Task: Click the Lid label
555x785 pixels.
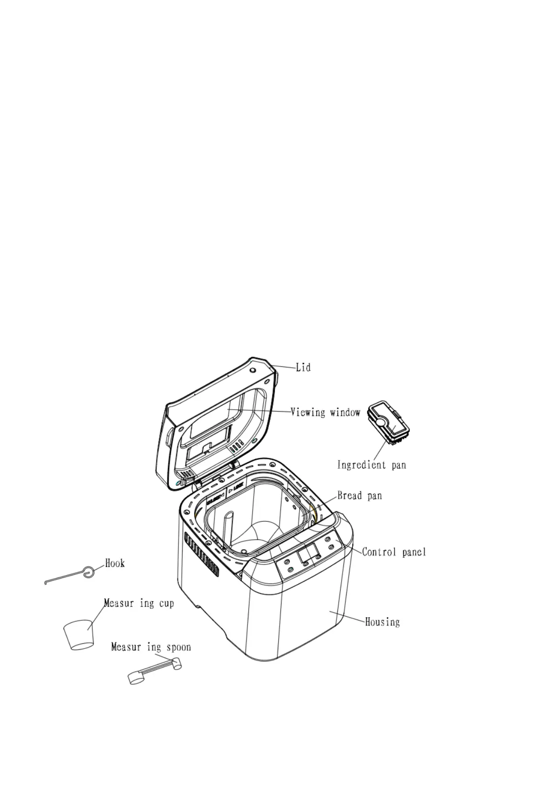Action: pyautogui.click(x=303, y=367)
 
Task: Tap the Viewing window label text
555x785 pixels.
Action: pyautogui.click(x=325, y=412)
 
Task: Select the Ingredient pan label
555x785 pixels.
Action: pyautogui.click(x=371, y=465)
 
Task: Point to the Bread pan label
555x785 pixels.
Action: pyautogui.click(x=359, y=495)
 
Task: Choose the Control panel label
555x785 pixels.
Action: pyautogui.click(x=394, y=552)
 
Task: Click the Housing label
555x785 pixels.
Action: pyautogui.click(x=382, y=622)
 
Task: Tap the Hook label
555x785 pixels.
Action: pyautogui.click(x=115, y=563)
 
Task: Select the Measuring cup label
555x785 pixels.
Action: pyautogui.click(x=139, y=603)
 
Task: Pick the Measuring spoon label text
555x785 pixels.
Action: pyautogui.click(x=151, y=647)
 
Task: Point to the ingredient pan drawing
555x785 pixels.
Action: pyautogui.click(x=388, y=424)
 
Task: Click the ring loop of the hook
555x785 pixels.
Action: pyautogui.click(x=88, y=572)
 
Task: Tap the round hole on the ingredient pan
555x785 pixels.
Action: pyautogui.click(x=381, y=422)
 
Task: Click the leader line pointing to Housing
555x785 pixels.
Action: pyautogui.click(x=347, y=616)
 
